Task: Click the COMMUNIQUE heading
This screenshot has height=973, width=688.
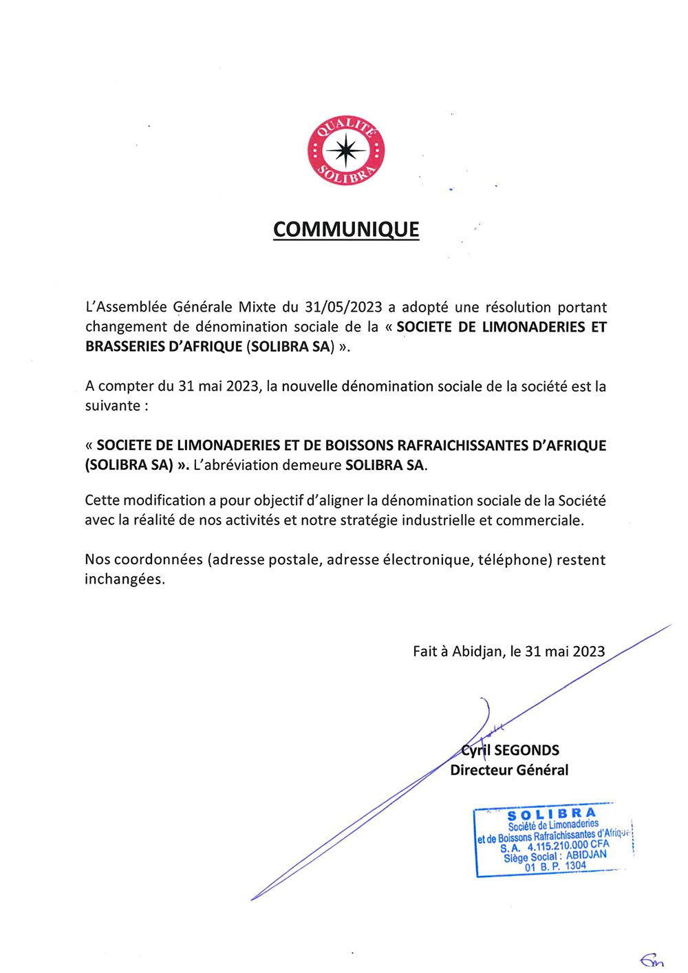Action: tap(346, 229)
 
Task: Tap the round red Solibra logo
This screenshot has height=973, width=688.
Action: tap(346, 150)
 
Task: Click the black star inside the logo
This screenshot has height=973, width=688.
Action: tap(346, 150)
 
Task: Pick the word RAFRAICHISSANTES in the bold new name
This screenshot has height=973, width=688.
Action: tap(462, 445)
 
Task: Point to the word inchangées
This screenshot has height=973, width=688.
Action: tap(125, 579)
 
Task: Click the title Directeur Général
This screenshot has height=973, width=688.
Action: tap(509, 770)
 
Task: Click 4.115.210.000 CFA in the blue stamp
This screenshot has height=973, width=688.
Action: tap(568, 846)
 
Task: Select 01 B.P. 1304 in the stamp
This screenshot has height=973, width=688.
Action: tap(555, 867)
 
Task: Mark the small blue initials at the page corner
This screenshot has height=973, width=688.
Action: tap(651, 960)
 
